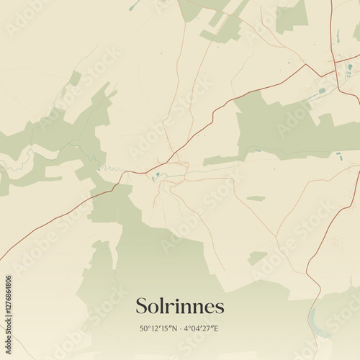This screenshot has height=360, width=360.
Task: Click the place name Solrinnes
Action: [180, 306]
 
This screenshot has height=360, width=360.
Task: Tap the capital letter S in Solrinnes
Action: [142, 306]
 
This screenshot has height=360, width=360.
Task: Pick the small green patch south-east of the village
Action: [257, 257]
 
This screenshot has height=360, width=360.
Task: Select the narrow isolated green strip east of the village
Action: [256, 198]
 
